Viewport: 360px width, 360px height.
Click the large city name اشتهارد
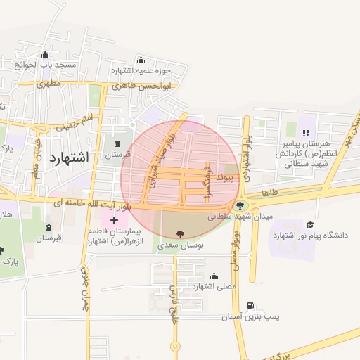(x=70, y=157)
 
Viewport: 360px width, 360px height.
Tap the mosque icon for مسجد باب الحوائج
(x=46, y=55)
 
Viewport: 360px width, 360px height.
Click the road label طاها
(x=270, y=192)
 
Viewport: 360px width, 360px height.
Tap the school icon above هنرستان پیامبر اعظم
(x=304, y=131)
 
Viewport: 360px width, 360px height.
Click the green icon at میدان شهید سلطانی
(x=241, y=206)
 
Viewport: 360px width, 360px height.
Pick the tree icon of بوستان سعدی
(x=181, y=234)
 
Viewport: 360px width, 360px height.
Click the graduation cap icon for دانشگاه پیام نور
(x=310, y=224)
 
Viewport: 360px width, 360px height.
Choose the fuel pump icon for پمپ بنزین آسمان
(x=250, y=307)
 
